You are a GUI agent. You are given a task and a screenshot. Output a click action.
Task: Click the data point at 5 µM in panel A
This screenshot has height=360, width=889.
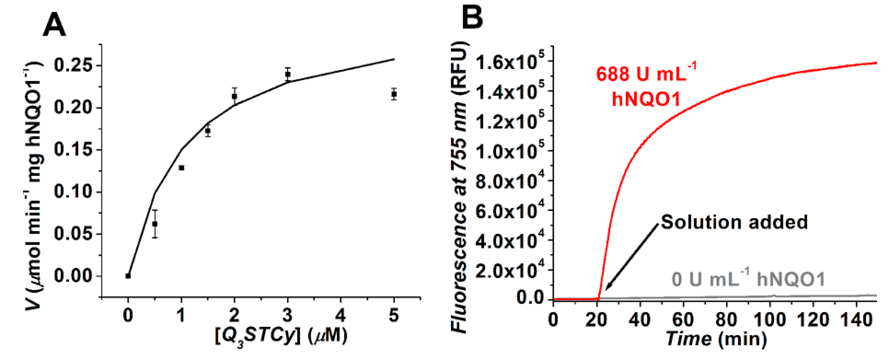pos(394,94)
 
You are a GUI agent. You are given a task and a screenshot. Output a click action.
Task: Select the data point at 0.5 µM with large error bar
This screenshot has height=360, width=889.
pos(155,224)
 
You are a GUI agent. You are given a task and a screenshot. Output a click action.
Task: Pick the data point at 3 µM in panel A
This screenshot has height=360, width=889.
pos(288,74)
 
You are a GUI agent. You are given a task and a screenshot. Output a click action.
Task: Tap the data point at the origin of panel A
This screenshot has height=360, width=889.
pos(128,276)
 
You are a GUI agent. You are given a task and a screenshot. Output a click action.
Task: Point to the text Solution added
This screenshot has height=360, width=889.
pos(734,222)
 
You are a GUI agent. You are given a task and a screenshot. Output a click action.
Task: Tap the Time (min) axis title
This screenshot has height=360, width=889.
pos(716,340)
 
